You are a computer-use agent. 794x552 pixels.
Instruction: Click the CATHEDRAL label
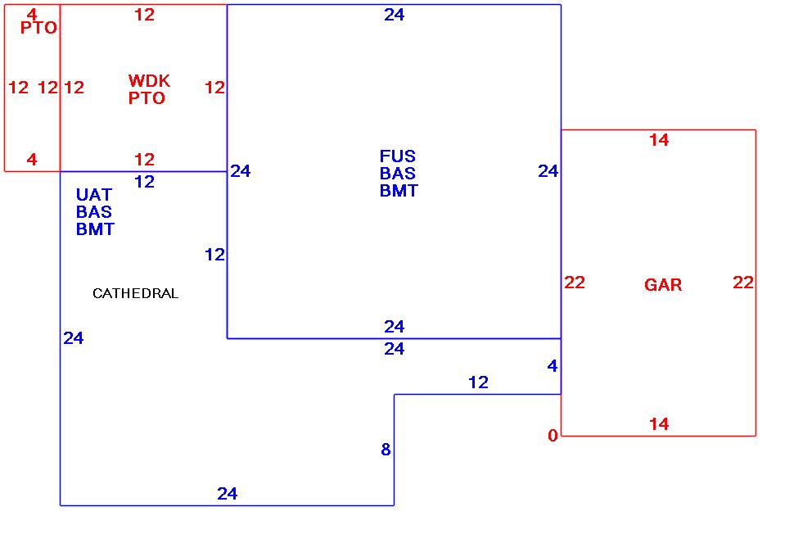tap(135, 293)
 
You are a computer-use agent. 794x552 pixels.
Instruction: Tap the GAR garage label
tap(663, 285)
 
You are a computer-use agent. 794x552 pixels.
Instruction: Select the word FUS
tap(398, 156)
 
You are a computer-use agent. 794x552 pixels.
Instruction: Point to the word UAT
tap(94, 195)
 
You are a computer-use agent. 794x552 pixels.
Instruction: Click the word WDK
tap(149, 81)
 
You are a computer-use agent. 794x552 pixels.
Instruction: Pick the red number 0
tap(553, 436)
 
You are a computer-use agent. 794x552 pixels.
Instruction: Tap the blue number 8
tap(386, 449)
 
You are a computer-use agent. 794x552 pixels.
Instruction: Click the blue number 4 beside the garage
tap(553, 366)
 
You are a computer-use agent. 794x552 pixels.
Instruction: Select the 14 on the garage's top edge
tap(659, 140)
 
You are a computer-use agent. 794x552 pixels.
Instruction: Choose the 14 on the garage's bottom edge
tap(659, 424)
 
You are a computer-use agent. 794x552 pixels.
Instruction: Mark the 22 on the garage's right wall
tap(743, 283)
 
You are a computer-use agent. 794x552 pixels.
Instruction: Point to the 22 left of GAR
tap(575, 283)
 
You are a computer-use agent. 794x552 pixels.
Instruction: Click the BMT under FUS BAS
tap(399, 191)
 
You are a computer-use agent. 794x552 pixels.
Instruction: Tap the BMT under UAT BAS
tap(95, 229)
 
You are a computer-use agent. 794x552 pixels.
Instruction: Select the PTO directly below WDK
tap(147, 98)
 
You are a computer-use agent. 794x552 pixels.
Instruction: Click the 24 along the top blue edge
tap(395, 15)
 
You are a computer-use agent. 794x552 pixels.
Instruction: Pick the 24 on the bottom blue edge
tap(228, 493)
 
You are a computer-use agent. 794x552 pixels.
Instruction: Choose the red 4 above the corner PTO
tap(32, 14)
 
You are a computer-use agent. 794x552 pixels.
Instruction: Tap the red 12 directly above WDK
tap(144, 15)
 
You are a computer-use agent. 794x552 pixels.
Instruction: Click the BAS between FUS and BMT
tap(398, 174)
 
